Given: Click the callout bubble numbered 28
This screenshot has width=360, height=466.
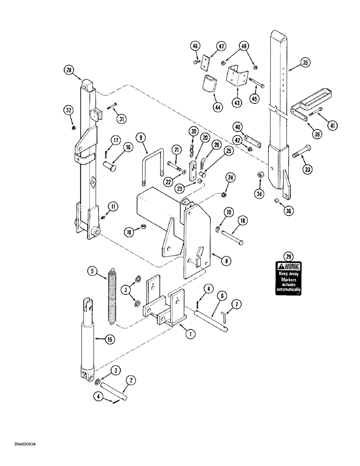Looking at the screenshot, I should [x=69, y=70].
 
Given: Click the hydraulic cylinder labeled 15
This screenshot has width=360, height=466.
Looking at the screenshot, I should [x=87, y=340].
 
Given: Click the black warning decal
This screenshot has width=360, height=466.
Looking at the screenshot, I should [x=289, y=278].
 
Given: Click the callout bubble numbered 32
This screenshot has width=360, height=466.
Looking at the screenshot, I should [x=69, y=110].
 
